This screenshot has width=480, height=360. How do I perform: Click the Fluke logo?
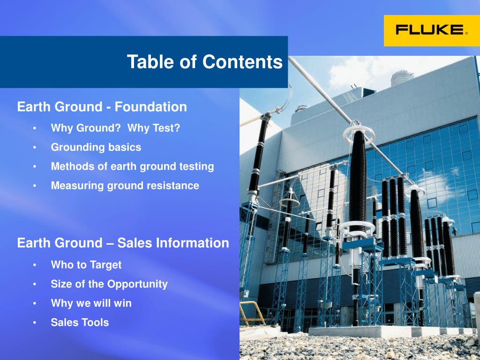pos(432,30)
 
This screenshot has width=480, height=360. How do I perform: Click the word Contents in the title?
pos(242,61)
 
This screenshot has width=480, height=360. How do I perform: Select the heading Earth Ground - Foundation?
pos(102,107)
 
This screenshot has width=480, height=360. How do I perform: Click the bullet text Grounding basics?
pos(96,147)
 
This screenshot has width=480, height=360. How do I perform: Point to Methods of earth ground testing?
pos(132,166)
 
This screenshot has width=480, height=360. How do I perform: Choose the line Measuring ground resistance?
pos(125,186)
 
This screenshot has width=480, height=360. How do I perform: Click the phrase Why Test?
pos(153,128)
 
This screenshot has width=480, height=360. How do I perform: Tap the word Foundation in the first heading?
pos(150,107)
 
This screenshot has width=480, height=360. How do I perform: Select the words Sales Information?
pos(173,243)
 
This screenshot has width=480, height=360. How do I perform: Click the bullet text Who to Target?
pos(86,265)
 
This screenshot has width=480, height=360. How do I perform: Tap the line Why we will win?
pos(91,303)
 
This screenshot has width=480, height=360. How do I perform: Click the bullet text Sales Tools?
pos(80,322)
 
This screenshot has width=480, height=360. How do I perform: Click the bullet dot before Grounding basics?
pos(35,148)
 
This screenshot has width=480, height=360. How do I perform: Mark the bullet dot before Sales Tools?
pos(35,322)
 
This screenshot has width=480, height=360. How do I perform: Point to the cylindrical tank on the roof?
pos(401,78)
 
